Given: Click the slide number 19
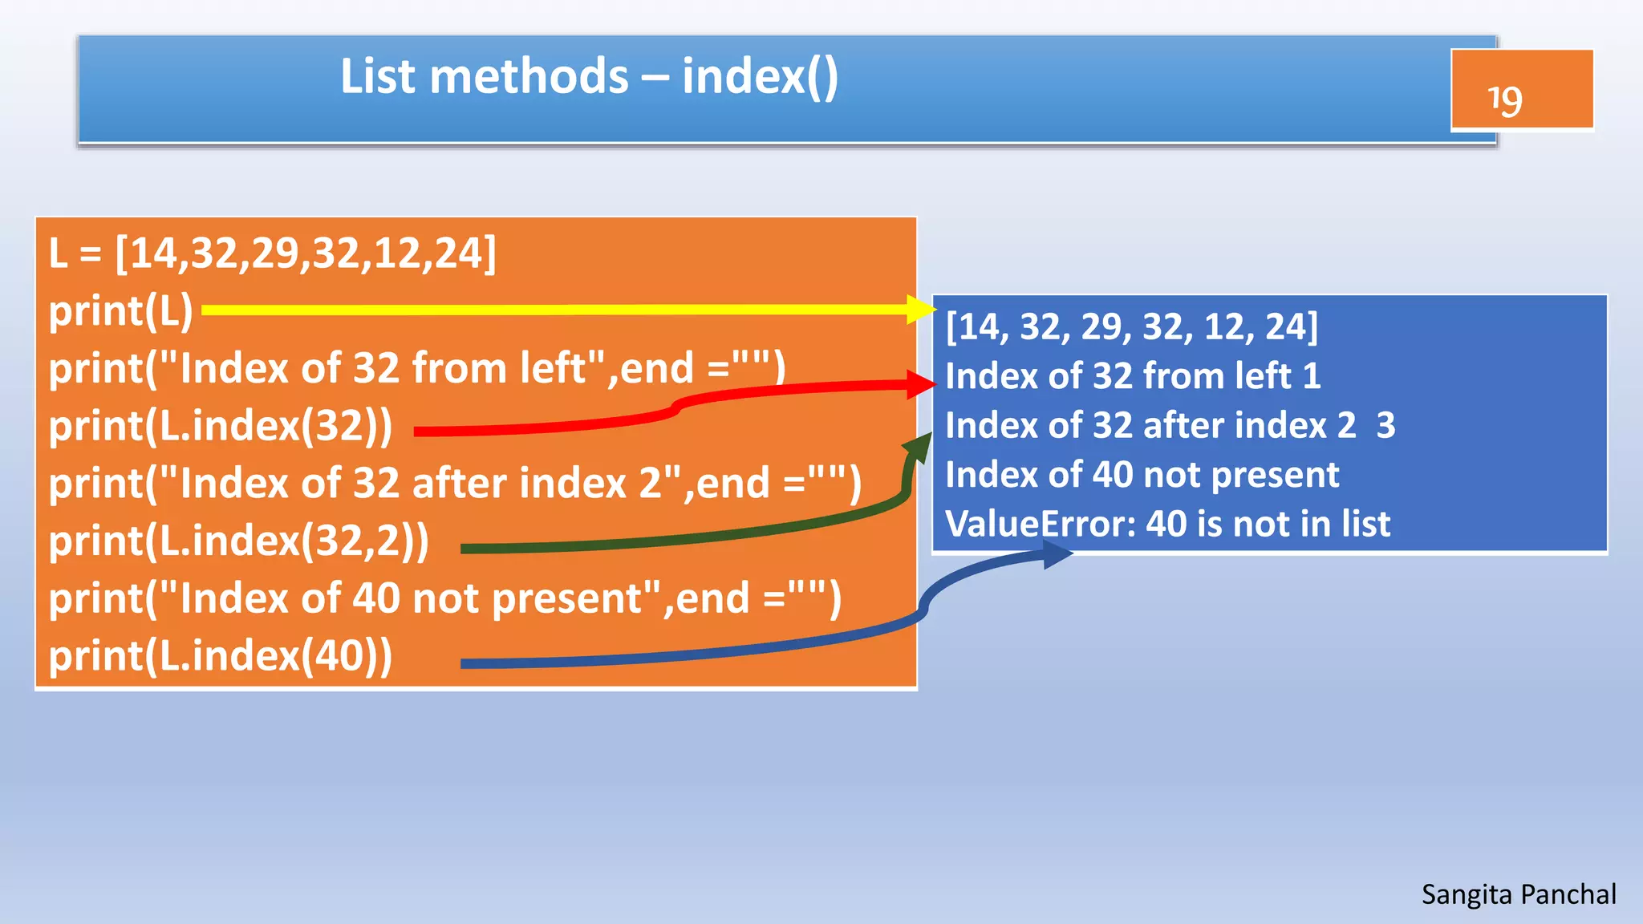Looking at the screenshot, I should [x=1504, y=100].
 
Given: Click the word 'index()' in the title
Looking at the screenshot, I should [x=760, y=78].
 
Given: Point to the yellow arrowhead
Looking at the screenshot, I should [x=921, y=310].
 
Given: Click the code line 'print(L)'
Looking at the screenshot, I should [x=120, y=311].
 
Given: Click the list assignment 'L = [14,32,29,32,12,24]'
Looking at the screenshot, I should [x=272, y=253].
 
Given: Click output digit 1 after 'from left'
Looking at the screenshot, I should [x=1312, y=376].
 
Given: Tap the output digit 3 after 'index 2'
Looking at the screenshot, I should [x=1385, y=426].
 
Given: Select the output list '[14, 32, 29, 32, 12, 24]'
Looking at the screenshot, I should [x=1131, y=327].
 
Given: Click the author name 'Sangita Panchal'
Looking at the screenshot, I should [x=1519, y=894].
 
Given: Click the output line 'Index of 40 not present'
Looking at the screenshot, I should [x=1142, y=475].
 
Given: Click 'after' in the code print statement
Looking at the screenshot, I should [x=458, y=484].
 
